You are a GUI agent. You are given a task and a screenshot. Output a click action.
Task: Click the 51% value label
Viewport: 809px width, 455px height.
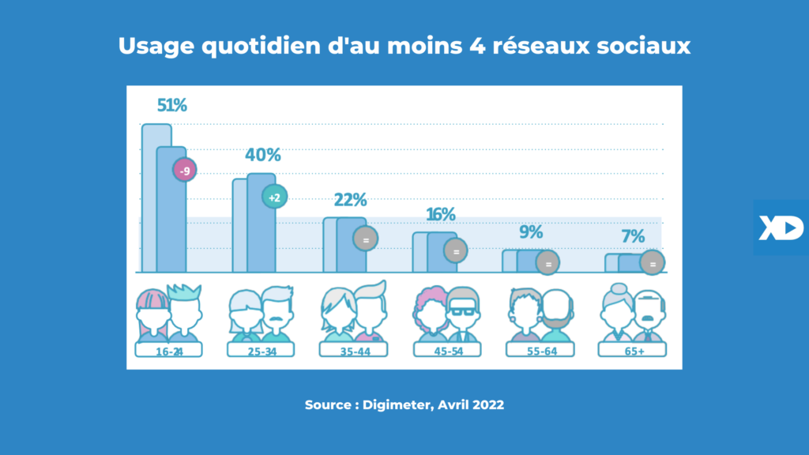[x=172, y=105]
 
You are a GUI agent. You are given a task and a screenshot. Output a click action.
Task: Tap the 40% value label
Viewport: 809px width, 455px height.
[x=263, y=155]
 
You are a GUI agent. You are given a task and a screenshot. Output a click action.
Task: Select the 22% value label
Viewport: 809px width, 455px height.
[x=350, y=201]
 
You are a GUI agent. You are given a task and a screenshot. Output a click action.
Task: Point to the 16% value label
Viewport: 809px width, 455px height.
[x=441, y=215]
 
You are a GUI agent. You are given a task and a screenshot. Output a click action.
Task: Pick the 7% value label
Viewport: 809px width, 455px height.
[x=633, y=236]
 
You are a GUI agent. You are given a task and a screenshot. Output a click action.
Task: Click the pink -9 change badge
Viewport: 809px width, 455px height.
[x=185, y=170]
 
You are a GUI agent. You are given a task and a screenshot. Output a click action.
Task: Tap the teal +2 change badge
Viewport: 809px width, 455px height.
[x=274, y=197]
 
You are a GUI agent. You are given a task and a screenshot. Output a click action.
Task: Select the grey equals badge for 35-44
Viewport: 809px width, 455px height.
[x=365, y=238]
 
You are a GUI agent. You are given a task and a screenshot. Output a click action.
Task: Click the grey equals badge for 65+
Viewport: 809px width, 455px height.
[x=653, y=263]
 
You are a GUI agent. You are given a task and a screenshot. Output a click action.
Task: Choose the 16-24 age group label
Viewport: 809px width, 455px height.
[x=168, y=351]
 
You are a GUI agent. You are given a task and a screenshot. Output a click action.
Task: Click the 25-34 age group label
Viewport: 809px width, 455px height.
[x=261, y=351]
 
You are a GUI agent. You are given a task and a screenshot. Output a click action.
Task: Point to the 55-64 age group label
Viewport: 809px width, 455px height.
[x=540, y=351]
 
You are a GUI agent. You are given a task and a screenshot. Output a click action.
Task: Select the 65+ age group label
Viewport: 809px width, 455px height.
[x=633, y=351]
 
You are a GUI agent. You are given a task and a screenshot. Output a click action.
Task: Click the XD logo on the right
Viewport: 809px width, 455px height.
[x=781, y=227]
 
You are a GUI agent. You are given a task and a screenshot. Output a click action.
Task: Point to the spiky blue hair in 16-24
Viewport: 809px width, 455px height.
[x=186, y=291]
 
